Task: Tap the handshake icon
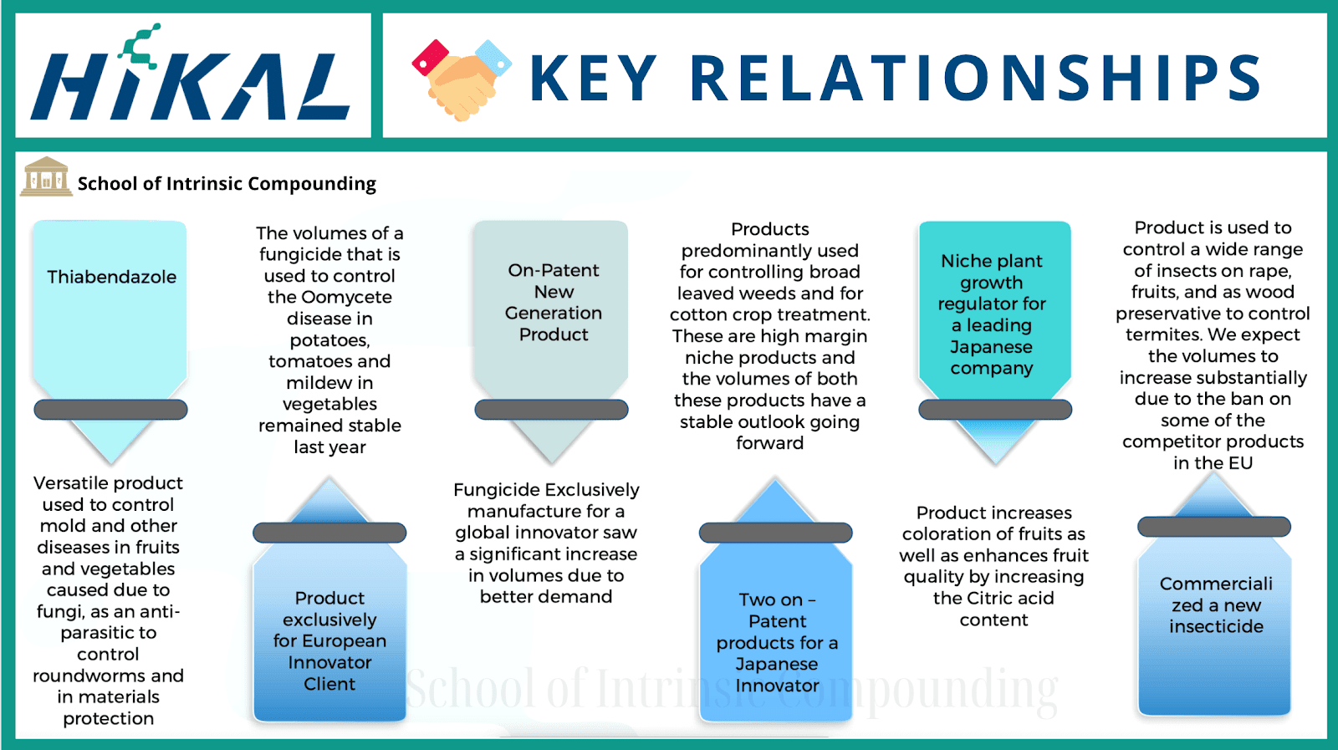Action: [461, 78]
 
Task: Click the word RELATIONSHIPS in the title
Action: [975, 79]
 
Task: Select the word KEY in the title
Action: [593, 79]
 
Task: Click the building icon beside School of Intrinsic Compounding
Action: [46, 177]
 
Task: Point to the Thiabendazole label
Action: [111, 277]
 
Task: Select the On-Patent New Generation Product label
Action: [553, 302]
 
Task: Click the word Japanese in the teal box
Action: [991, 347]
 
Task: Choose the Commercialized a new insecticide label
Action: [1216, 605]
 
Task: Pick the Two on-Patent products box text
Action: [777, 642]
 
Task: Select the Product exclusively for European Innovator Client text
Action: [329, 640]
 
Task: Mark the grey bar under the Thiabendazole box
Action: [110, 410]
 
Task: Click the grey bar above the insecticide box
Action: [1213, 527]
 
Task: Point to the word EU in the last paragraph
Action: [1239, 463]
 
